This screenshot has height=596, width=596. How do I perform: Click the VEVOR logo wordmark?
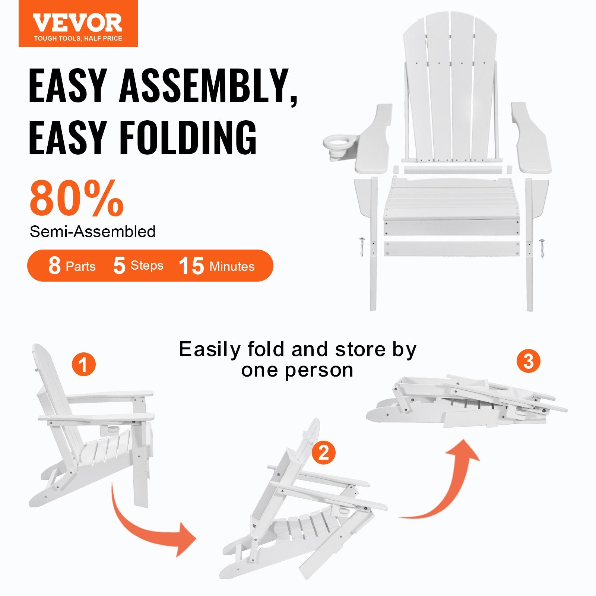[x=77, y=23]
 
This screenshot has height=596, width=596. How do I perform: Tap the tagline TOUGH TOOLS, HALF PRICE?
[x=78, y=38]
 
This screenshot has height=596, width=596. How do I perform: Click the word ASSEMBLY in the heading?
[x=209, y=86]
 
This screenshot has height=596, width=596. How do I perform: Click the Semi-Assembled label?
[x=92, y=232]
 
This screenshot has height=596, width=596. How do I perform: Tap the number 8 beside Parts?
[x=54, y=266]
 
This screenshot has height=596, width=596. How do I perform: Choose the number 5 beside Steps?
[x=119, y=266]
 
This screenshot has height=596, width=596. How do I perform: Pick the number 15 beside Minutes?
[x=191, y=266]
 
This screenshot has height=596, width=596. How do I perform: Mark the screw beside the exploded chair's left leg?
[x=362, y=247]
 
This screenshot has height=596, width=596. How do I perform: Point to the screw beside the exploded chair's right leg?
[x=542, y=248]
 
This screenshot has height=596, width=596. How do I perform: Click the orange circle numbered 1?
[x=83, y=364]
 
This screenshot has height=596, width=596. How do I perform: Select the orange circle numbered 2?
[x=323, y=453]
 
